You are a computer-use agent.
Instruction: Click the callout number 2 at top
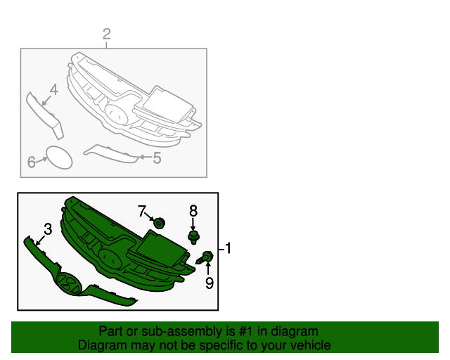point(107,34)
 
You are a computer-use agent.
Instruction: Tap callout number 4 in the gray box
point(53,89)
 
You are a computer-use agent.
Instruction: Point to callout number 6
point(32,162)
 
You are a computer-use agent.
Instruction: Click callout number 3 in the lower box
point(47,229)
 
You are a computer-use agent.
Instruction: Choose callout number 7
point(142,210)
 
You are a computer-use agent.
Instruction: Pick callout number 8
point(193,210)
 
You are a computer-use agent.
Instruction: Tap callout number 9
point(208,283)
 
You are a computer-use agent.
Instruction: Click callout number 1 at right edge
point(227,248)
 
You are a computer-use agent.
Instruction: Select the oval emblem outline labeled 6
point(60,157)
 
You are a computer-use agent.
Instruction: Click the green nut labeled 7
point(159,224)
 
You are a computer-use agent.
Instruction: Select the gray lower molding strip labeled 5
point(111,153)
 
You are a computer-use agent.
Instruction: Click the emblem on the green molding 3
point(70,282)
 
